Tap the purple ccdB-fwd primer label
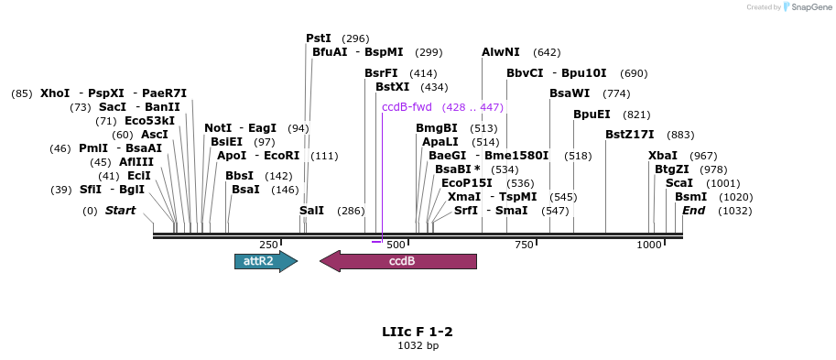click(407, 107)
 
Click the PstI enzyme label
click(319, 38)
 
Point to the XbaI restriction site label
click(663, 155)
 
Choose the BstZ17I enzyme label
click(630, 135)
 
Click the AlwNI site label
click(501, 52)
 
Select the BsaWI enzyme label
click(570, 93)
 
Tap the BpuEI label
click(592, 115)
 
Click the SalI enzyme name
click(311, 211)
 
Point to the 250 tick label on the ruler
click(268, 245)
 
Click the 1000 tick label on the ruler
click(649, 245)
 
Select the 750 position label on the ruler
click(524, 245)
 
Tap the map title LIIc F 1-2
click(418, 331)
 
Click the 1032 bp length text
click(418, 345)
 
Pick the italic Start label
click(120, 211)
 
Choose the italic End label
click(692, 211)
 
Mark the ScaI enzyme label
click(679, 183)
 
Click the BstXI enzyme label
click(392, 87)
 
